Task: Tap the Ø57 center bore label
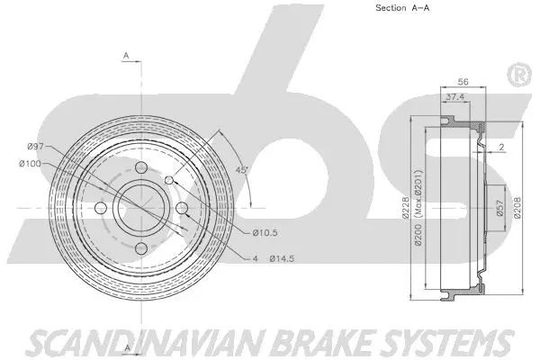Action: pos(498,211)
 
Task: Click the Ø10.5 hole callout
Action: pos(265,234)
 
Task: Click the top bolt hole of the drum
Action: pos(141,170)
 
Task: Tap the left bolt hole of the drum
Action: pos(102,209)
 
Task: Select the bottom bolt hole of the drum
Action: pos(141,247)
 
